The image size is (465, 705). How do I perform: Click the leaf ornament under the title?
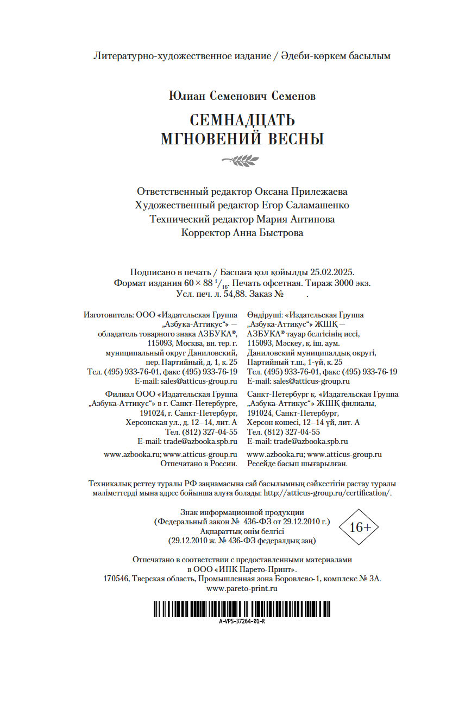pyautogui.click(x=241, y=160)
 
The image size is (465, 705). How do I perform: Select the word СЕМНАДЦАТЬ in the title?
pyautogui.click(x=242, y=120)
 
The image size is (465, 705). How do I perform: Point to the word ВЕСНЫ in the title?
pyautogui.click(x=296, y=139)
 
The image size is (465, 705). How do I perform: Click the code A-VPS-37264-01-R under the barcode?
pyautogui.click(x=242, y=621)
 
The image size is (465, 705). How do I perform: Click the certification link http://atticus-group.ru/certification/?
pyautogui.click(x=327, y=493)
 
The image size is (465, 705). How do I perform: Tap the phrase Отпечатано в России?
pyautogui.click(x=199, y=464)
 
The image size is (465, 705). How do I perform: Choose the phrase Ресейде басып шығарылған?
pyautogui.click(x=297, y=464)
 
